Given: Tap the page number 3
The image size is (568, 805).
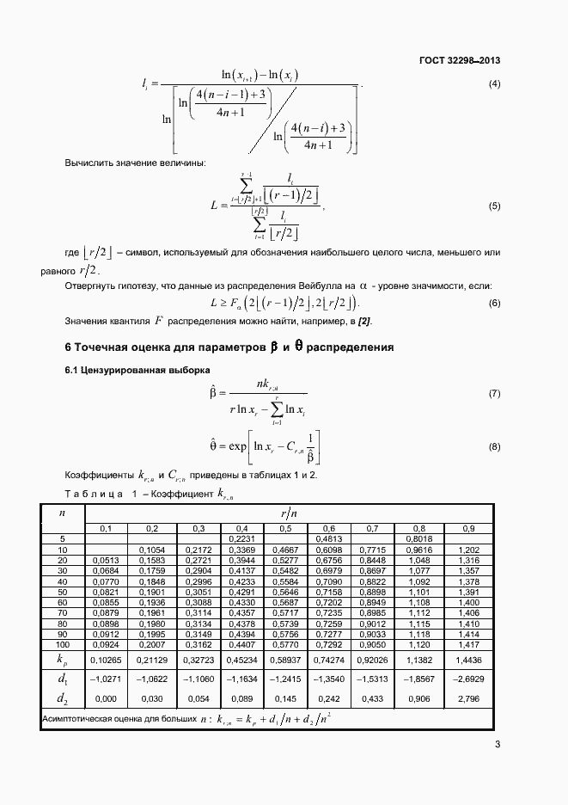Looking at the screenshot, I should pos(498,745).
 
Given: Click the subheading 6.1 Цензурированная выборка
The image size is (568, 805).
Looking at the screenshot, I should pos(124,370).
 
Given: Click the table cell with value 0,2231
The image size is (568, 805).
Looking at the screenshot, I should pos(243,538).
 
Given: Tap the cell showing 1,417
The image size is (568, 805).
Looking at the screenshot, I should pos(469,643).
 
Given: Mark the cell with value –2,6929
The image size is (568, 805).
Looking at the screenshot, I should pos(469,679).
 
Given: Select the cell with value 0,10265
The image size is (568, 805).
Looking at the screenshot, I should pos(106,660).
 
